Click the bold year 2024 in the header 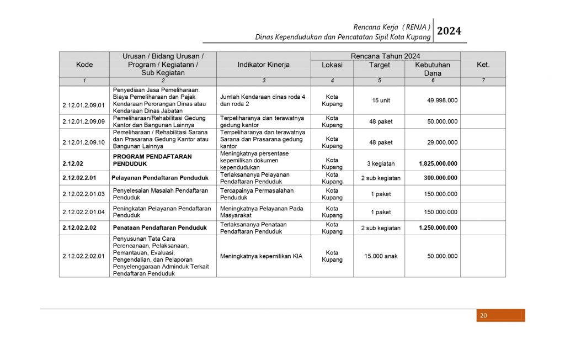tap(449, 31)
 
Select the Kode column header tap(84, 65)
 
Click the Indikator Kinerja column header tap(263, 65)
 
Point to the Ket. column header tap(483, 65)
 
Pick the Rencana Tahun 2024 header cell tap(385, 56)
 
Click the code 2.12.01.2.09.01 tap(83, 105)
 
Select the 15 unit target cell tap(379, 100)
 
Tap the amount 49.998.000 tap(442, 100)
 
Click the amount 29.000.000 tap(442, 142)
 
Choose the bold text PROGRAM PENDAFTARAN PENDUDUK tap(152, 160)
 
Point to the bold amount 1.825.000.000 tap(438, 163)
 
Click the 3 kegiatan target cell tap(379, 163)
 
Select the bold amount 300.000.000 tap(440, 178)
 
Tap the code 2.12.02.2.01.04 tap(83, 212)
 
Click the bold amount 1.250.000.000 tap(438, 227)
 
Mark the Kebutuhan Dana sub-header tap(433, 68)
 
